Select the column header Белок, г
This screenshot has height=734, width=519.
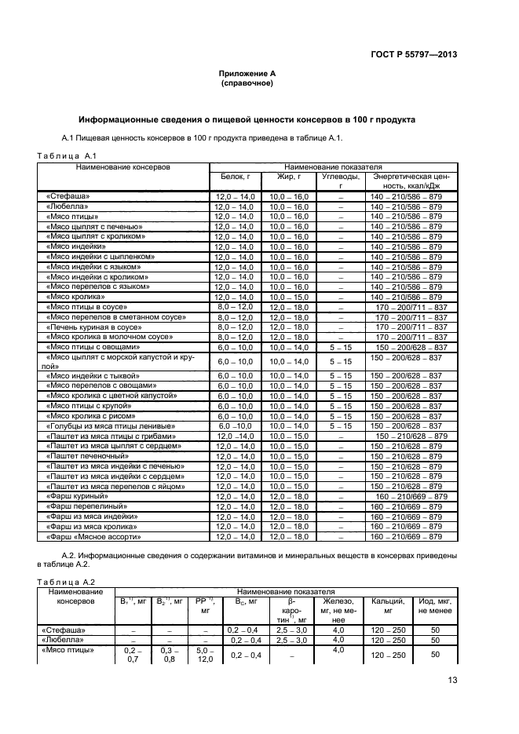[236, 177]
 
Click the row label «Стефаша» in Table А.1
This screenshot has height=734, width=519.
[68, 195]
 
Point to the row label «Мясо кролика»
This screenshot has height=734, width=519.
[76, 298]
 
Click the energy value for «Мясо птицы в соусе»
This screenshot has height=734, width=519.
[411, 307]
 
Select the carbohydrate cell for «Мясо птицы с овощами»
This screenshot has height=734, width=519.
[341, 347]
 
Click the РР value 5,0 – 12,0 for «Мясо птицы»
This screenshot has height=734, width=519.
[206, 655]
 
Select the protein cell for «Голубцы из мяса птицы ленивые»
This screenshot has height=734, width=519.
[236, 425]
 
